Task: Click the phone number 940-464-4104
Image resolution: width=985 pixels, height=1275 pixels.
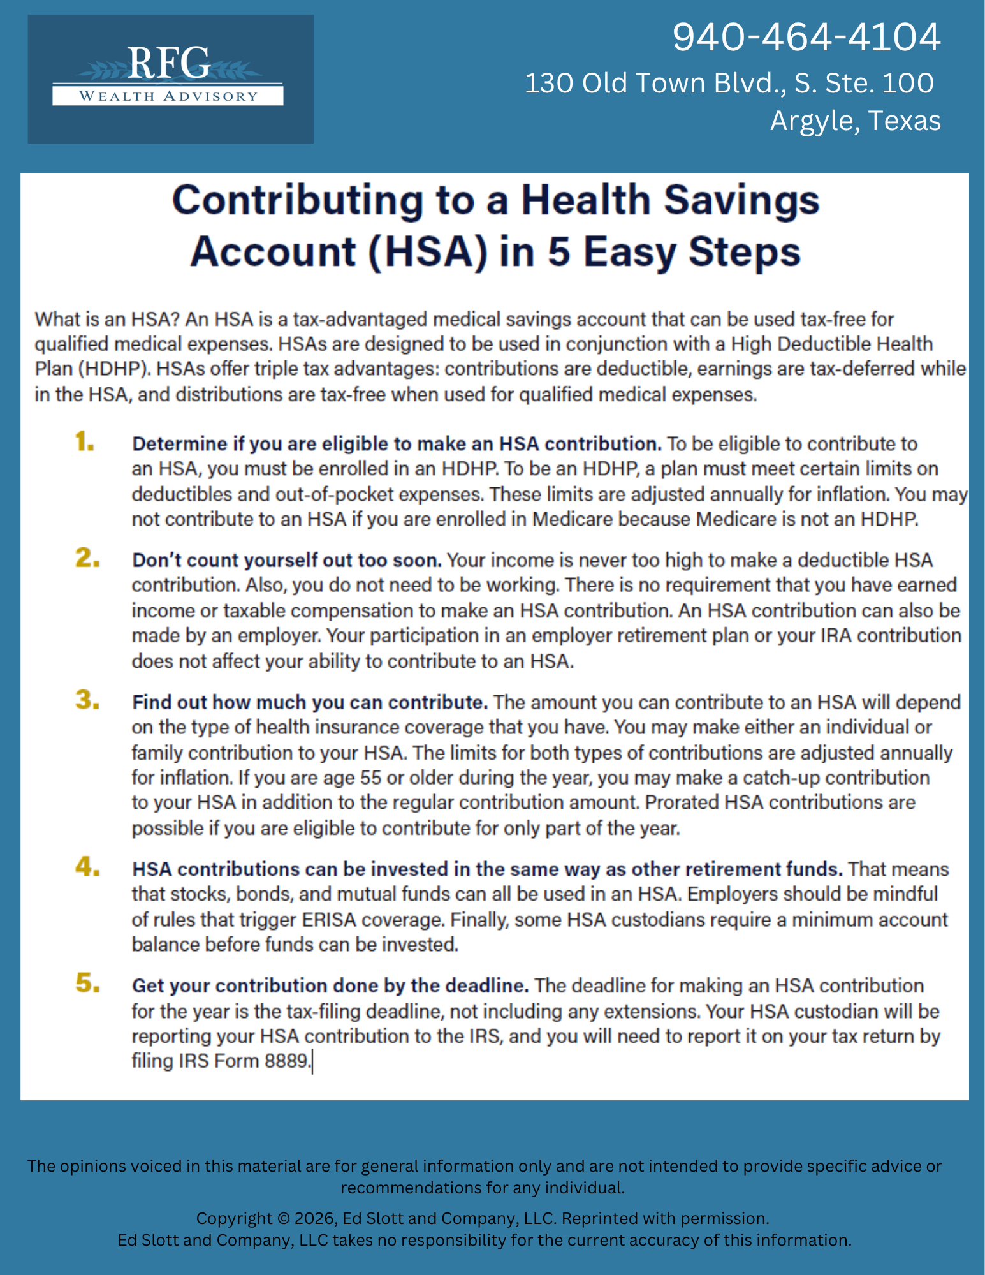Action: [x=806, y=37]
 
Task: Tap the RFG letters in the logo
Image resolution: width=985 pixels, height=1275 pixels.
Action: [x=168, y=63]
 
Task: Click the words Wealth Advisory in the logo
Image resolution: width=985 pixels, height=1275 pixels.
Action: [x=168, y=96]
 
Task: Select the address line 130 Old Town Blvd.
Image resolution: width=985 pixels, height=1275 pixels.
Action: [x=729, y=83]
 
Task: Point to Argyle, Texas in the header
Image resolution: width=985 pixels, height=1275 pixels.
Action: [x=855, y=121]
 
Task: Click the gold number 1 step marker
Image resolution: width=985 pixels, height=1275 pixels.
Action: [x=84, y=441]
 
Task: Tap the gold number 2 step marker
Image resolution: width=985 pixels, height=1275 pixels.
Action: [x=87, y=558]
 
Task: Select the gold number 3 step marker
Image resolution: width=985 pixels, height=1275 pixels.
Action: [x=87, y=700]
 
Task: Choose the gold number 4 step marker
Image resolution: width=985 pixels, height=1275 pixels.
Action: [x=87, y=867]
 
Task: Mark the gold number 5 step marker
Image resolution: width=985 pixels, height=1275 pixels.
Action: [x=87, y=984]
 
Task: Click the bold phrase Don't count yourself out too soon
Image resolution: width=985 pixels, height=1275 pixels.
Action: [x=287, y=560]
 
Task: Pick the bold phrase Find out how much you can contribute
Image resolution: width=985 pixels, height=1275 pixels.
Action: [x=310, y=702]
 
